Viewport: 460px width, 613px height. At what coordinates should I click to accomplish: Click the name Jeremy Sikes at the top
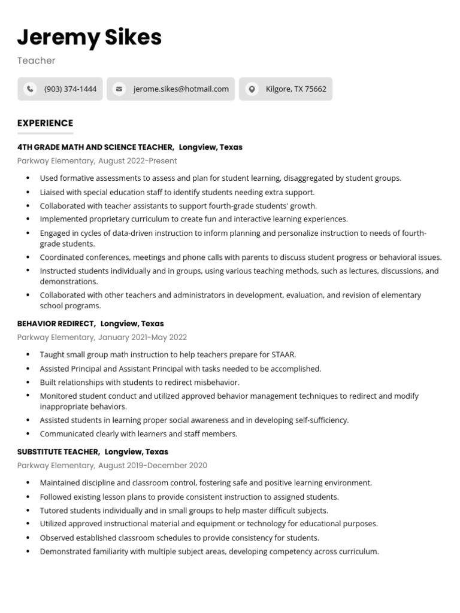(89, 37)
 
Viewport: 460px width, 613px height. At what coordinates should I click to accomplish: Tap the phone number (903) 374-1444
(70, 89)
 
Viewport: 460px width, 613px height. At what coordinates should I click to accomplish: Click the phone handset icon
(29, 89)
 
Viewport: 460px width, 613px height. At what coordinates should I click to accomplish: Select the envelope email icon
(119, 89)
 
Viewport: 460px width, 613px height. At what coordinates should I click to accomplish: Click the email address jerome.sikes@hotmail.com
(181, 89)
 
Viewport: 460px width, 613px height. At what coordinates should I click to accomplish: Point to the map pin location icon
(252, 89)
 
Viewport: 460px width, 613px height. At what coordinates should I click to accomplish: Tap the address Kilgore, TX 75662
(296, 89)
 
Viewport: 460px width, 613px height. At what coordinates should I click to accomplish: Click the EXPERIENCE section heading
(45, 123)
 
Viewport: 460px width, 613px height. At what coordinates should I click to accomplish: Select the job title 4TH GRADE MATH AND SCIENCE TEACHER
(95, 147)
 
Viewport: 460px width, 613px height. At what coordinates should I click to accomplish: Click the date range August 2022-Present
(137, 161)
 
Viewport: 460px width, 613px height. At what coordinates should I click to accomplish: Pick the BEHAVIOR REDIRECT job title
(56, 324)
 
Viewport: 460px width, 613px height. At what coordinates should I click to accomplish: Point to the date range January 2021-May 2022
(143, 338)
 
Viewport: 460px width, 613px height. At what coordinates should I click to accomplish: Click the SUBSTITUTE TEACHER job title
(58, 452)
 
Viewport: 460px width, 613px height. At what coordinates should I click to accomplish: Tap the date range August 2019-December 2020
(153, 466)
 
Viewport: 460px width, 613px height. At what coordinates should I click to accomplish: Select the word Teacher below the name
(36, 60)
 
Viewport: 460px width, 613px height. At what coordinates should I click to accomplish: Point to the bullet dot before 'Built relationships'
(28, 383)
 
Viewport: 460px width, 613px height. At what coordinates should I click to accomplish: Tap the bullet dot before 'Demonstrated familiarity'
(28, 552)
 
